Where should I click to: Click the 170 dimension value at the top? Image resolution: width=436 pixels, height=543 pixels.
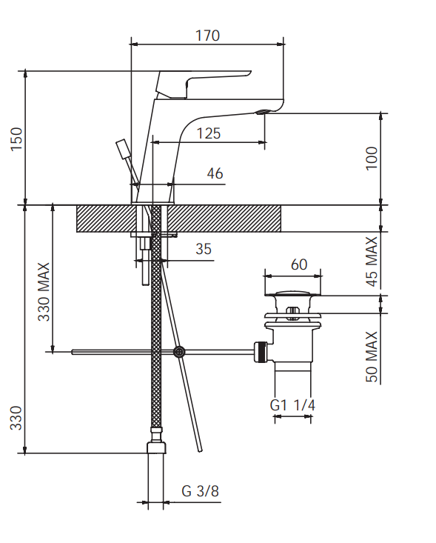[207, 36]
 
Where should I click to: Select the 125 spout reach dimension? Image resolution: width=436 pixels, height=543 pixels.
[209, 133]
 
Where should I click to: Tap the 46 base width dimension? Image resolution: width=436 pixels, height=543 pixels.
[215, 173]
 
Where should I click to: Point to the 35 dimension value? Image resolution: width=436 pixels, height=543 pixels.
[204, 249]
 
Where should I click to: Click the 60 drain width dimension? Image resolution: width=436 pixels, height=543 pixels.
[299, 264]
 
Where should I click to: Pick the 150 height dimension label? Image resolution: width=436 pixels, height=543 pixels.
[16, 139]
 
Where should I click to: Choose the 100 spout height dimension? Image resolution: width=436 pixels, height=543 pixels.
[372, 159]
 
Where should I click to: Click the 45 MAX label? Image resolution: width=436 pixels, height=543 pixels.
[372, 261]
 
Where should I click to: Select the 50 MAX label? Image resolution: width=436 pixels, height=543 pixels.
[372, 356]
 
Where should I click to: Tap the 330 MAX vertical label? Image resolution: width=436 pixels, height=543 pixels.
[44, 292]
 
